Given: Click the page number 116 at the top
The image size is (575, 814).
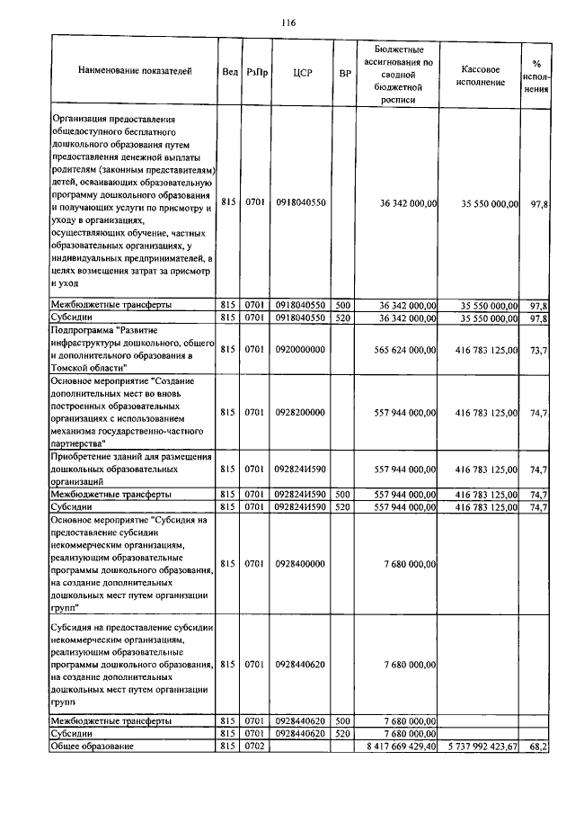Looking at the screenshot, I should pos(287,22).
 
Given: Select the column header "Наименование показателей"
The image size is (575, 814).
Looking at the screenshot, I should pos(135,71).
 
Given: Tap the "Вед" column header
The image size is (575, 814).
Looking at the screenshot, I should pos(229,71).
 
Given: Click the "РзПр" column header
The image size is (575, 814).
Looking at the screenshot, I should pos(255,71).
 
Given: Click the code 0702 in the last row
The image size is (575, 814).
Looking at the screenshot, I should pos(255,747).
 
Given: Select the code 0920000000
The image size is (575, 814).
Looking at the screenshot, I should pos(301,349).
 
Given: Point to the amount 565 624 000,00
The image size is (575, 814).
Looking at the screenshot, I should pos(403,349).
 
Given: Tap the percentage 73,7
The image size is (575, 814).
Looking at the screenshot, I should pos(539,349).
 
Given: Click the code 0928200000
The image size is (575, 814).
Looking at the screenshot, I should pos(301,412).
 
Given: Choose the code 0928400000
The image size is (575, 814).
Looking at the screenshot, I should pos(301,563).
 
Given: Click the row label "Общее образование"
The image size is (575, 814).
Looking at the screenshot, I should pos(92,747).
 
